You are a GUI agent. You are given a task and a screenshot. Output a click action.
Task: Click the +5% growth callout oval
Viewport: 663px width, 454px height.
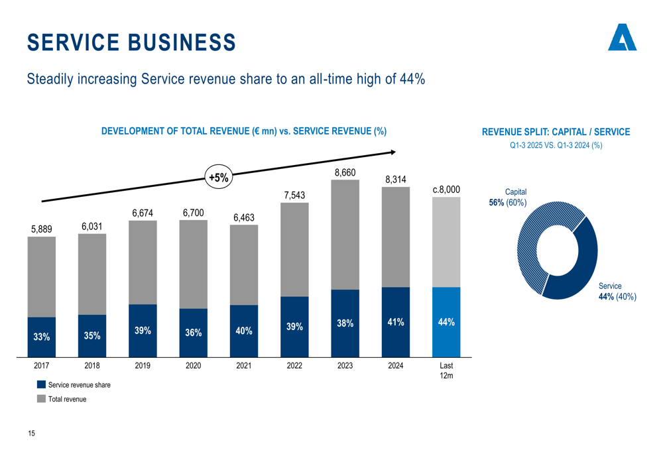click(x=218, y=178)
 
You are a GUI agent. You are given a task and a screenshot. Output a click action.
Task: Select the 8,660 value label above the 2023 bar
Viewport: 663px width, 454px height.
click(x=345, y=173)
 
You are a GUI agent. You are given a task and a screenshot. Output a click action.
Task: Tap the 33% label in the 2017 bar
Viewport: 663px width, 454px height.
click(x=41, y=337)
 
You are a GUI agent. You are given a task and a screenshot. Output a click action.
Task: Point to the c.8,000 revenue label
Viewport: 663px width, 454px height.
click(x=446, y=190)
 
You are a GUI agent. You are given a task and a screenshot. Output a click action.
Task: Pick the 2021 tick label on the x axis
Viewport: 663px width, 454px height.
click(x=244, y=365)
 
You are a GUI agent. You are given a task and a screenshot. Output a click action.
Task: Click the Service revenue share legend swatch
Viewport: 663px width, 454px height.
click(x=41, y=384)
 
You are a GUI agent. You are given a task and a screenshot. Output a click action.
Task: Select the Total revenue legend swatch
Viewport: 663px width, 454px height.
click(x=41, y=399)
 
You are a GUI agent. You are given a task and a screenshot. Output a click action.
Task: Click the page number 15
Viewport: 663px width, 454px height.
click(x=31, y=433)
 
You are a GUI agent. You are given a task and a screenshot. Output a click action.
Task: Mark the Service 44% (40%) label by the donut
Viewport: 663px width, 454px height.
click(x=617, y=292)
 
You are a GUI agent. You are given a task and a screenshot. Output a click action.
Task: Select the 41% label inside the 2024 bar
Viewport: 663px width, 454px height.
click(x=396, y=322)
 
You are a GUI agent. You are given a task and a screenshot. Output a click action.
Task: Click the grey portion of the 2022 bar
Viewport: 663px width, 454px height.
click(x=294, y=249)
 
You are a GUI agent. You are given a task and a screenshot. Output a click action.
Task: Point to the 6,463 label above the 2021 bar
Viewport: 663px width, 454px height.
click(x=244, y=217)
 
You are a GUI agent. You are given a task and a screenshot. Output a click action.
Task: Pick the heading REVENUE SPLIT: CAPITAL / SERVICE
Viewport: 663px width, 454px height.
click(x=556, y=132)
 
